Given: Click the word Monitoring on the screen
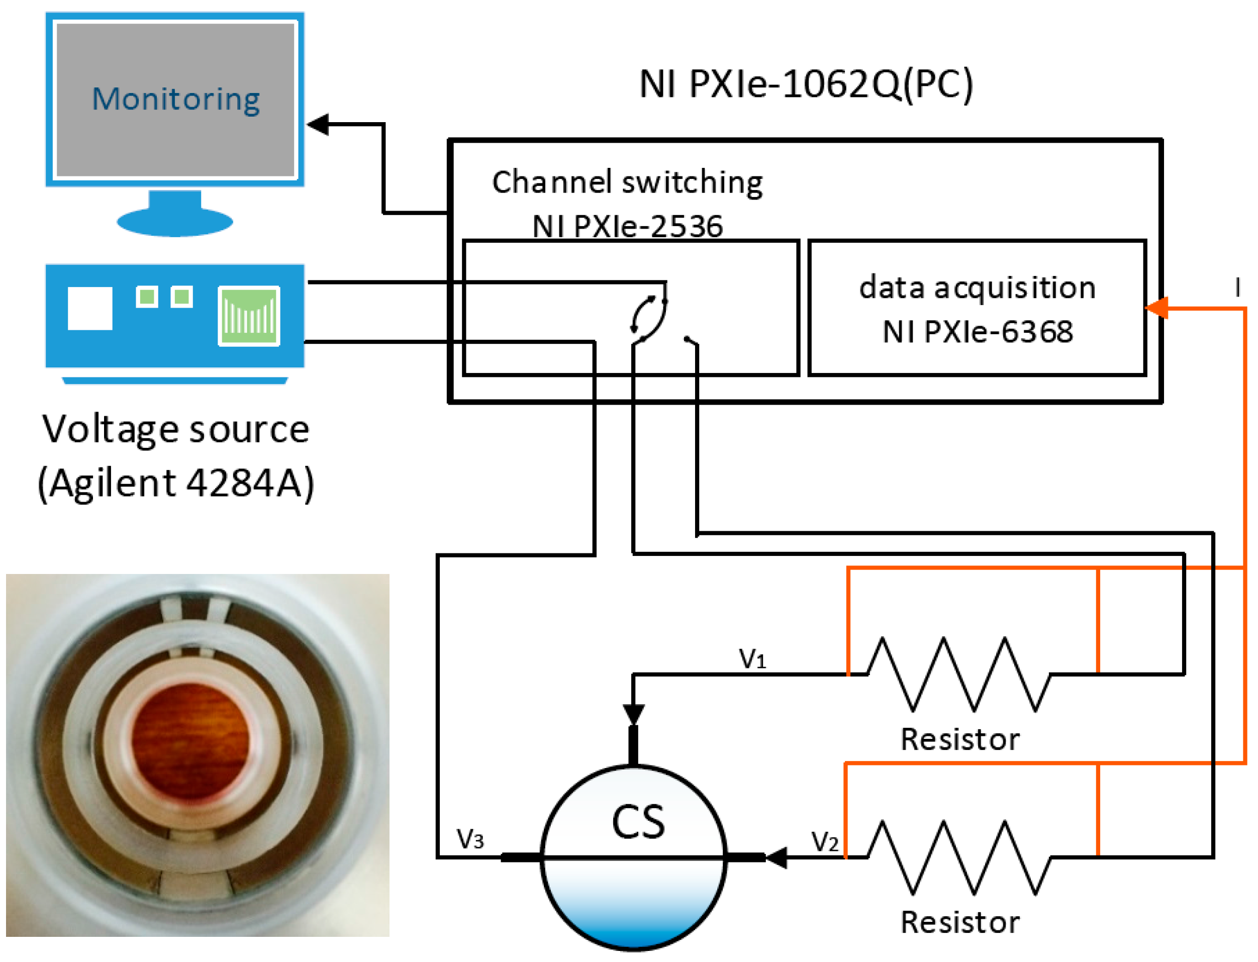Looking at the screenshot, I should [176, 99].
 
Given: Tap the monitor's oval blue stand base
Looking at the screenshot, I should [174, 222].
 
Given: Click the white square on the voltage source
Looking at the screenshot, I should [90, 309].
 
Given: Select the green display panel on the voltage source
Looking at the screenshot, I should [249, 316].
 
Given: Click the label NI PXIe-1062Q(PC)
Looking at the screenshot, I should [806, 84].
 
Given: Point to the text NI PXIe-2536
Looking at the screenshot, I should [628, 226].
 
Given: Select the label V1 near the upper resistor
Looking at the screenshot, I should [752, 659].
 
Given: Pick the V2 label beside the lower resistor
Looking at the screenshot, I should [825, 842].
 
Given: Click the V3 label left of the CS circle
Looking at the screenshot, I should [470, 839].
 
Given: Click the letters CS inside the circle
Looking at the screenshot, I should [638, 823].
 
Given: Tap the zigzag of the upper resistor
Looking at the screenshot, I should [959, 675].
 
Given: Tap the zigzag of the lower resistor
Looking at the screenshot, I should [959, 857].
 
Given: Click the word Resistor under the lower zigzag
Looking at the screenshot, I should [959, 922].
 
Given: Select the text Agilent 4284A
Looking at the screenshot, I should [176, 483].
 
